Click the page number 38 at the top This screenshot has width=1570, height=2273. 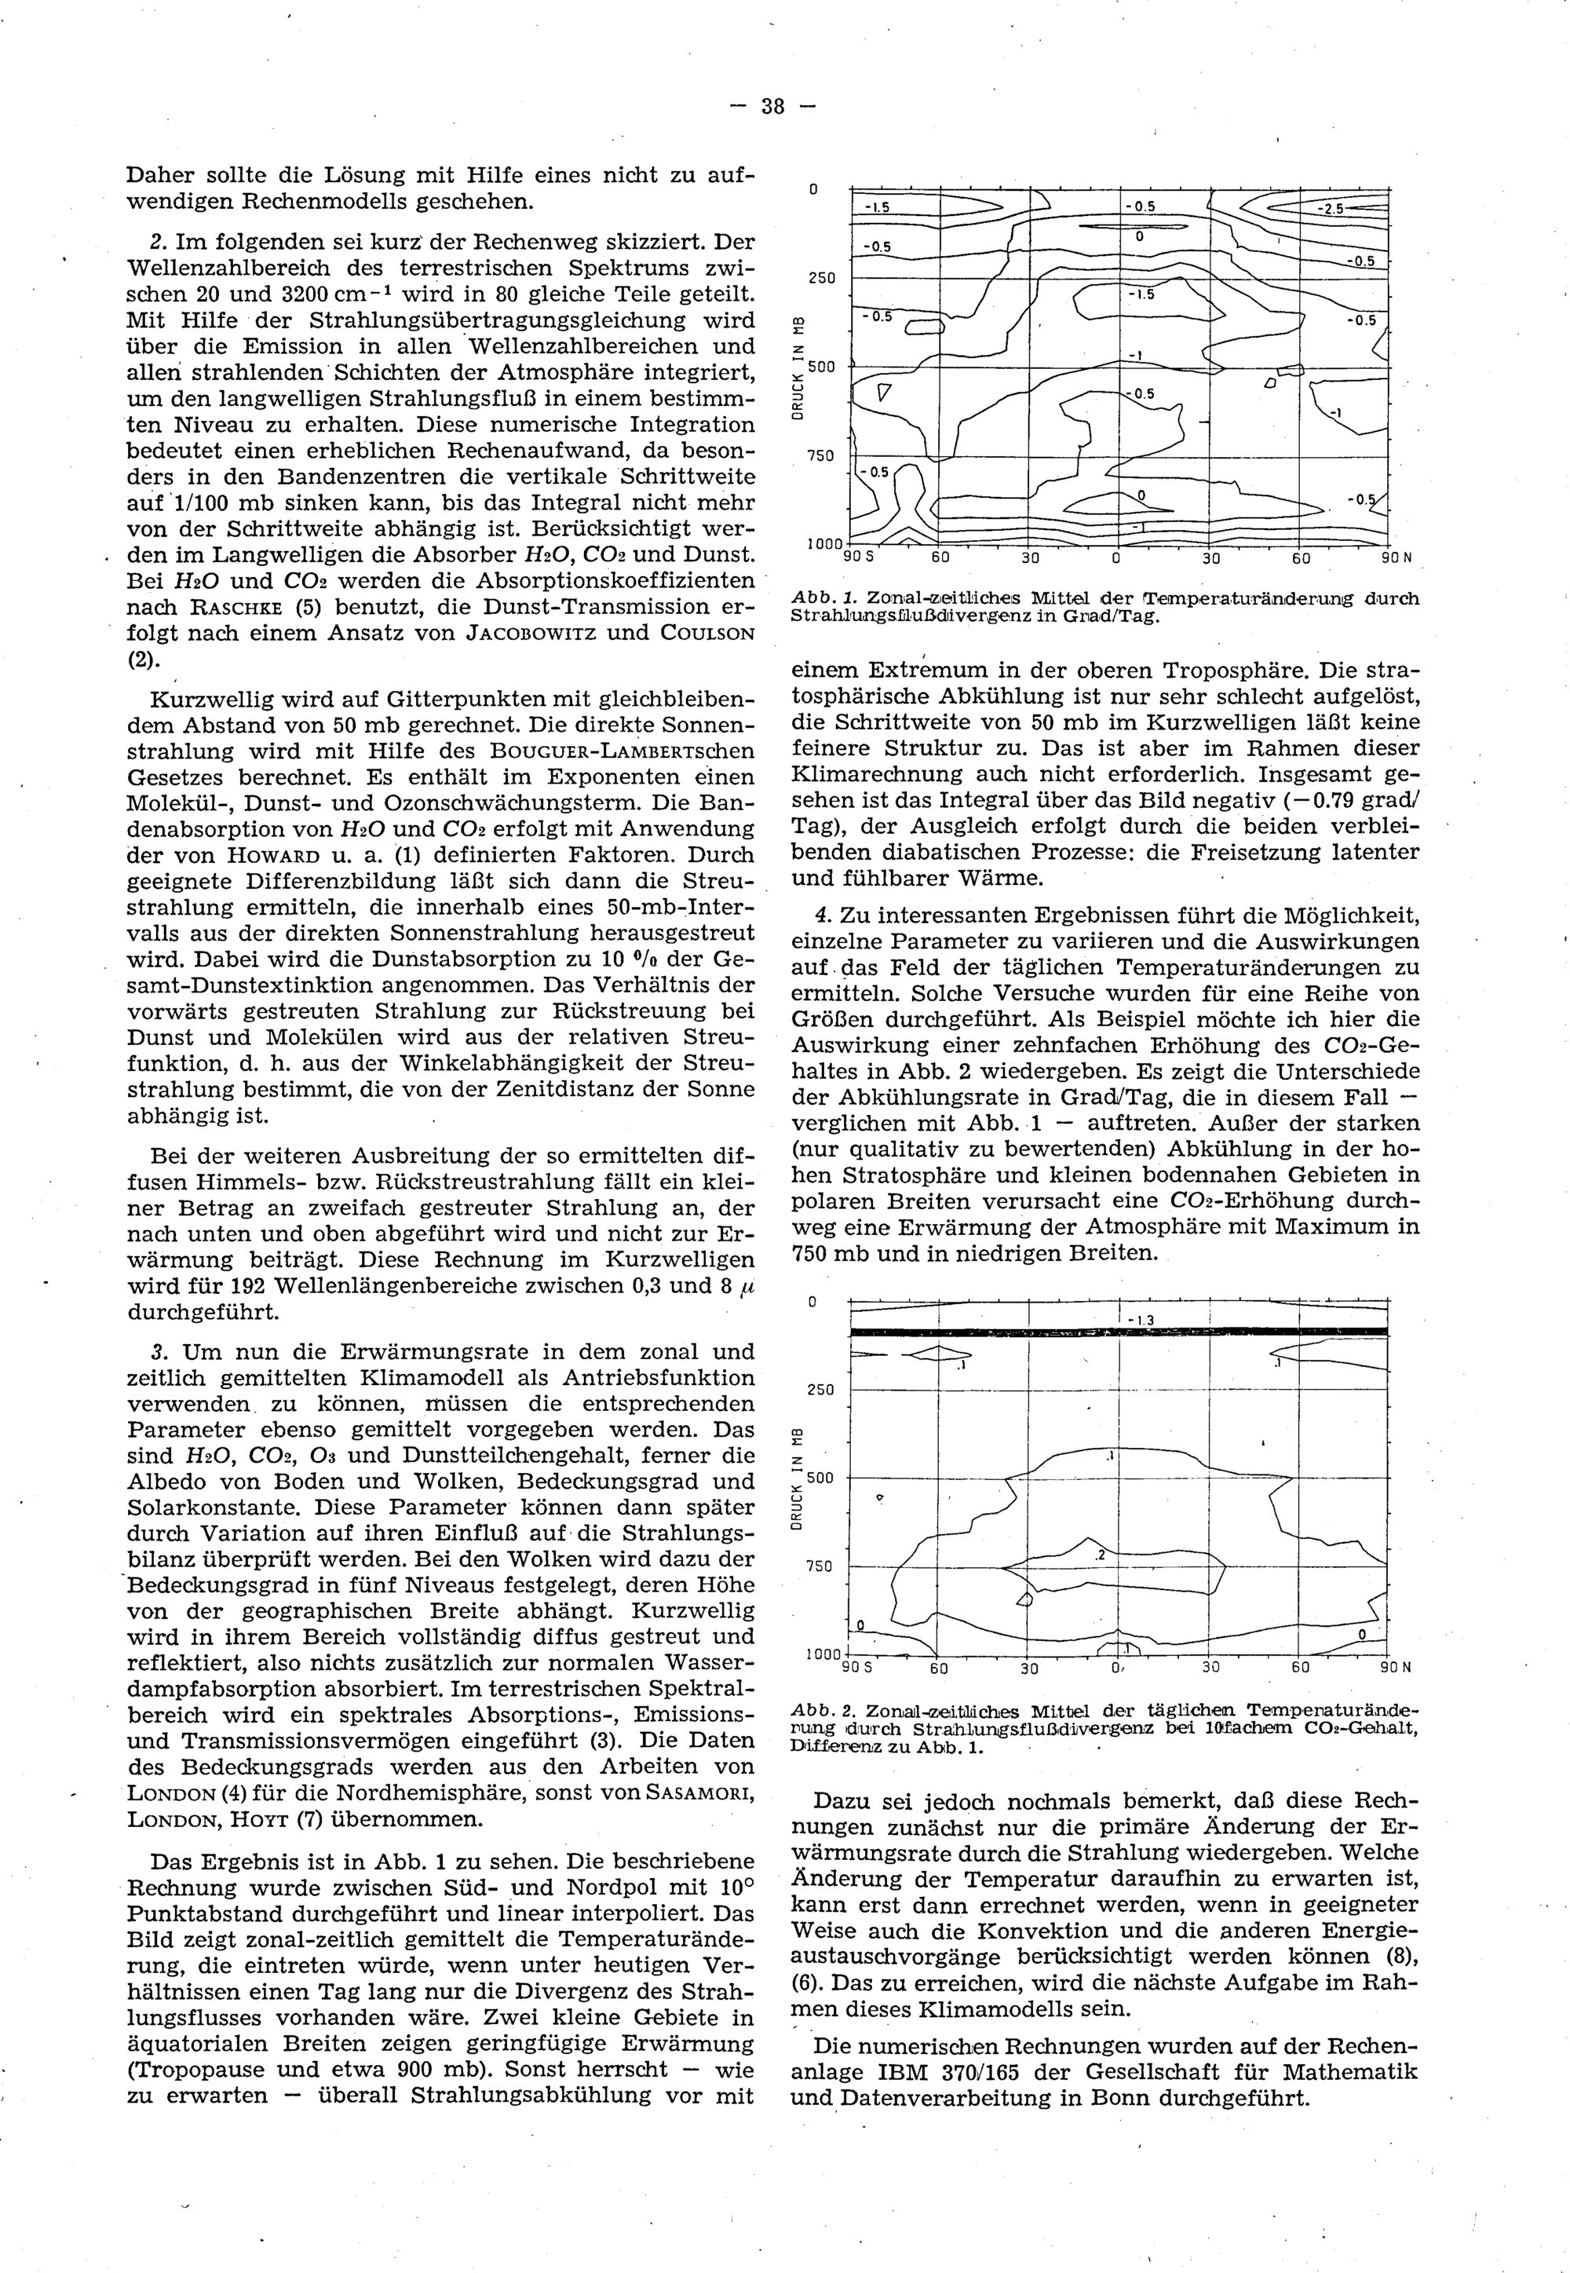tap(772, 106)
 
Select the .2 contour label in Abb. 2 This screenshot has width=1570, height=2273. tap(1100, 1555)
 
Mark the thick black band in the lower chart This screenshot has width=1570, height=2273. tap(1119, 1332)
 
